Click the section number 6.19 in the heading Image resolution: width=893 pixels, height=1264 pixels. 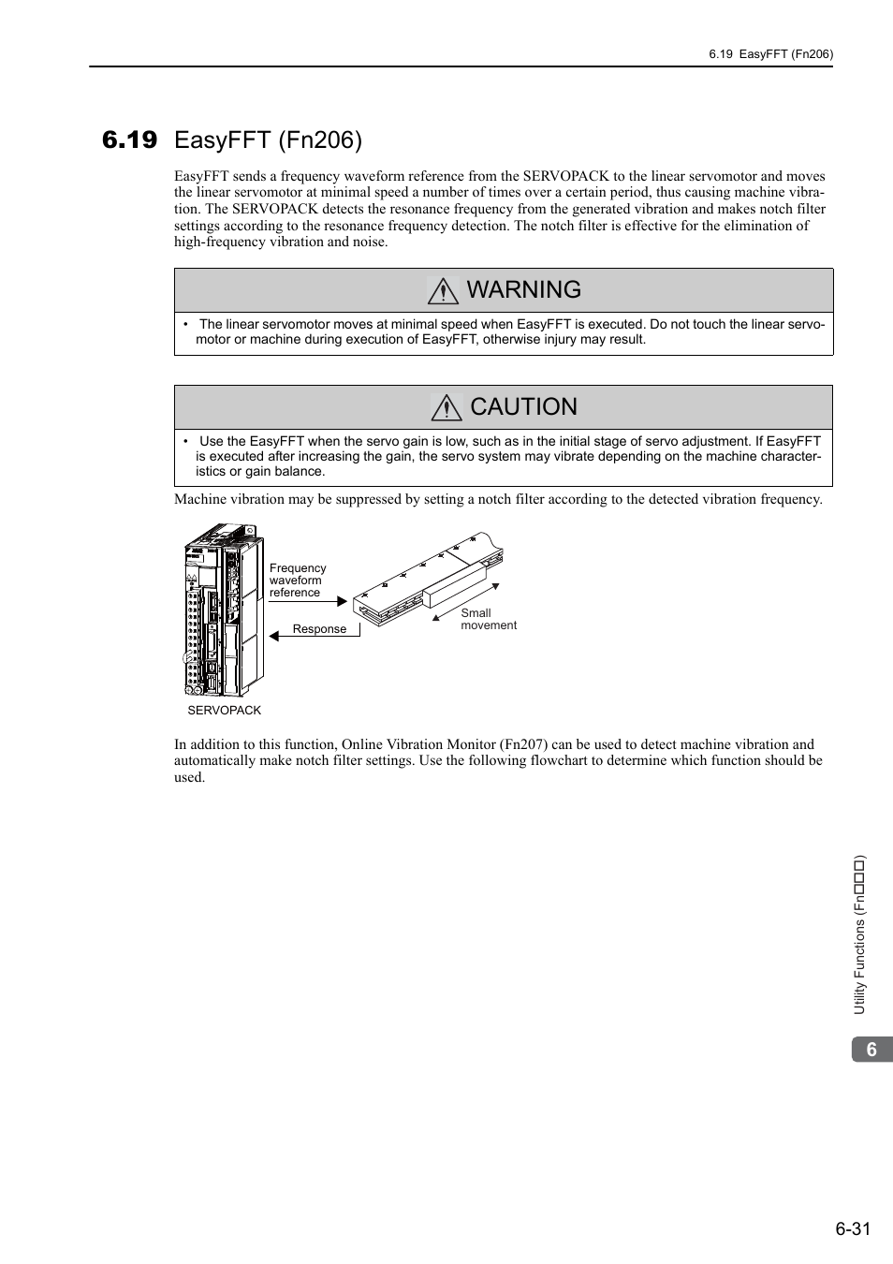coord(130,140)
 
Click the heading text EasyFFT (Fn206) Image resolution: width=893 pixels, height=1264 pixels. coord(268,140)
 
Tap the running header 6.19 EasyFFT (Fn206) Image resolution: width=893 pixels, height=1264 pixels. coord(770,54)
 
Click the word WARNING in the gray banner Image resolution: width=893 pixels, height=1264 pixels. coord(523,289)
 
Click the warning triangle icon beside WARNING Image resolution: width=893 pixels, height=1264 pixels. coord(443,291)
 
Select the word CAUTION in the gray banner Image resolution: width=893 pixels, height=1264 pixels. coord(523,406)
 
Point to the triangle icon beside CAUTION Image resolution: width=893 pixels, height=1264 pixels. coord(446,407)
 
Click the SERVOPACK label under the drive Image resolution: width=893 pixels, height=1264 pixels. coord(225,711)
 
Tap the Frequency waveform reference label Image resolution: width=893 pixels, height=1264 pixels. coord(298,581)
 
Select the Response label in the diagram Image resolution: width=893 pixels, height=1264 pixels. coord(319,629)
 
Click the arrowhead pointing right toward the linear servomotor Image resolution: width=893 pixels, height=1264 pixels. coord(343,601)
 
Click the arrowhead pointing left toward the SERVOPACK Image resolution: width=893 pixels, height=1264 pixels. coord(274,636)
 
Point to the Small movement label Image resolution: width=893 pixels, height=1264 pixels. coord(488,619)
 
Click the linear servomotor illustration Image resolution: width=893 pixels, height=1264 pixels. coord(431,581)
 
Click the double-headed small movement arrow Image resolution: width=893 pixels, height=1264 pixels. coord(466,600)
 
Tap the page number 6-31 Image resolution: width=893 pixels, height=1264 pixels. coord(853,1228)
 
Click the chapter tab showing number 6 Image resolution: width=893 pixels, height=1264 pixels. coord(871,1050)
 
